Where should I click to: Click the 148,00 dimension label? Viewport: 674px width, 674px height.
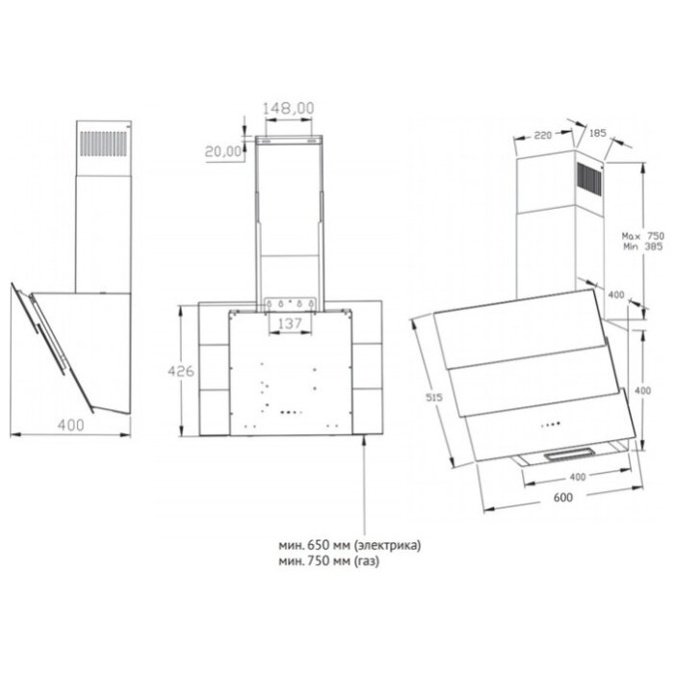coord(289,108)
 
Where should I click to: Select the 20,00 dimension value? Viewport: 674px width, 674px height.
coord(223,151)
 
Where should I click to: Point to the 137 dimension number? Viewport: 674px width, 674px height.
coord(290,324)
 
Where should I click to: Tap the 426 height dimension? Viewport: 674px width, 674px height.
coord(181,371)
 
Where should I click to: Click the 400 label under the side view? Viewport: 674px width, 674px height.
coord(71,426)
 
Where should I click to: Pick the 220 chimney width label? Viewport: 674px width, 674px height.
coord(542,136)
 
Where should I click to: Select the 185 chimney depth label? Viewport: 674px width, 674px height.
coord(598,133)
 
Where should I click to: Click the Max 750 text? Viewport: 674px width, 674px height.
coord(643,236)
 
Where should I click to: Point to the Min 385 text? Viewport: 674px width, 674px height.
coord(642,246)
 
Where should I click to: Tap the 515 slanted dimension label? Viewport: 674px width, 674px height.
coord(434,398)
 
